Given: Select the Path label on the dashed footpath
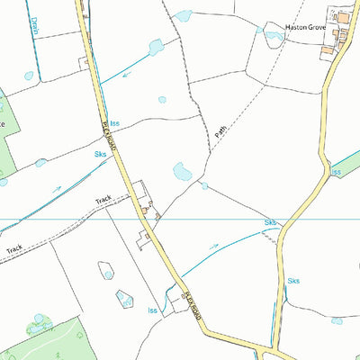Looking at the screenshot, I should click(x=220, y=130).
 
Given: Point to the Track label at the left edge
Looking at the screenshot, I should click(x=14, y=249).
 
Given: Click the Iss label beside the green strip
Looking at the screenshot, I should click(x=337, y=171).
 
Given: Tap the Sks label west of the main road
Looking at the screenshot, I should click(x=99, y=155).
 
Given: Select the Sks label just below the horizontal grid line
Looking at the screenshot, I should click(x=269, y=222).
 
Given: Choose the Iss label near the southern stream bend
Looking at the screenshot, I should click(x=153, y=310).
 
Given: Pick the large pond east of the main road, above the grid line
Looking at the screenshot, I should click(x=181, y=169).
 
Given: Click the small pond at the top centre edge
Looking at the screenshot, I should click(x=184, y=15).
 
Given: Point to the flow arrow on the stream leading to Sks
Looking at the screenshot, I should click(x=213, y=246).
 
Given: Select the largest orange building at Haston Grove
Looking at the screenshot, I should click(x=342, y=17).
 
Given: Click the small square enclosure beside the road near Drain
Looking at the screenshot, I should click(x=84, y=62).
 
